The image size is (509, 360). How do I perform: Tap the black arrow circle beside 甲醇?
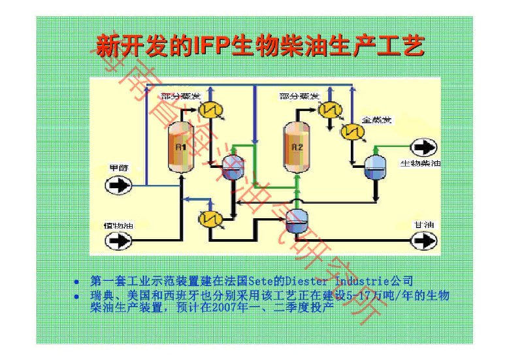point(118,185)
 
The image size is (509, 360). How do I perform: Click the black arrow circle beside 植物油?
point(118,241)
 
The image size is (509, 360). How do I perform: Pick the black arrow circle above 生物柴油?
point(422,148)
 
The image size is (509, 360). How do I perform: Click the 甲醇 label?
point(118,168)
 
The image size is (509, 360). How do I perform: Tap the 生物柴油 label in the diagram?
point(419,163)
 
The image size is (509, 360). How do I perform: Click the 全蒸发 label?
point(376,120)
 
